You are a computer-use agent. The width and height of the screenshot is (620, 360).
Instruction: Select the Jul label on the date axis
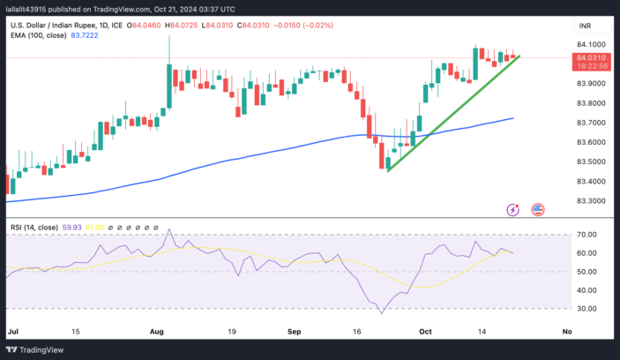pyautogui.click(x=12, y=332)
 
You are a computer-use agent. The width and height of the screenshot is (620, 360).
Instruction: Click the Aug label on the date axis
pyautogui.click(x=158, y=332)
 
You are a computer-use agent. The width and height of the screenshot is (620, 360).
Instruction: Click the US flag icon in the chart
pyautogui.click(x=538, y=209)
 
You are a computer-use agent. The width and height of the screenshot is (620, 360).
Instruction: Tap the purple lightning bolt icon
pyautogui.click(x=513, y=209)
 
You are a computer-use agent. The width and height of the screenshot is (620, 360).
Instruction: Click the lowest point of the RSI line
pyautogui.click(x=381, y=312)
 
